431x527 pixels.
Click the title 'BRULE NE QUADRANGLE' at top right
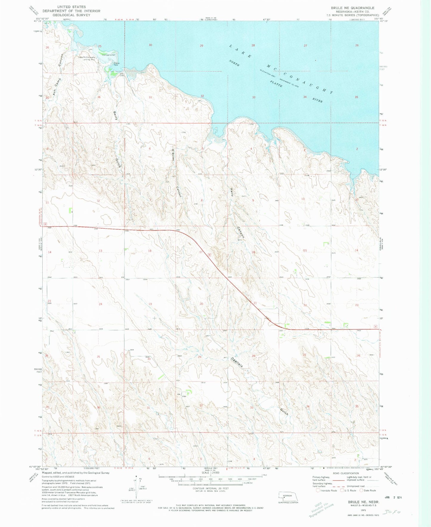(x=352, y=8)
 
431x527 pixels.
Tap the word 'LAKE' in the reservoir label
(x=240, y=51)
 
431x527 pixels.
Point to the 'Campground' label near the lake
(x=109, y=55)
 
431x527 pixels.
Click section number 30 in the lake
(x=150, y=45)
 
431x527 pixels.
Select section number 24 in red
(x=101, y=304)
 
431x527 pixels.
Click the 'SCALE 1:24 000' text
(x=211, y=473)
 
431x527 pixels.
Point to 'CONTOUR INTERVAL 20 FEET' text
(x=210, y=489)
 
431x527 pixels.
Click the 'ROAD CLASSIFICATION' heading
(x=346, y=473)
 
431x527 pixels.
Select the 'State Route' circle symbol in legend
(x=361, y=490)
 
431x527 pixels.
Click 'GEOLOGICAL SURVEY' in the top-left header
(x=71, y=15)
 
